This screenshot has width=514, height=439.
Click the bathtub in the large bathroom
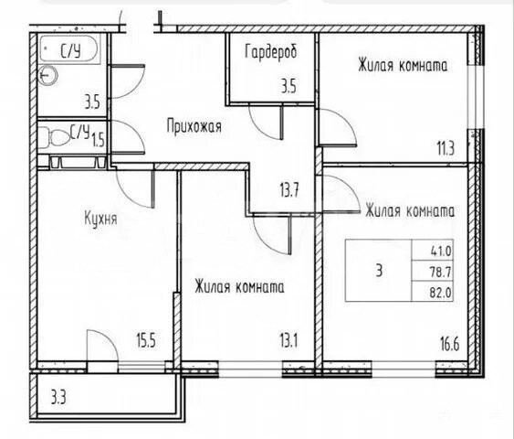click(x=69, y=48)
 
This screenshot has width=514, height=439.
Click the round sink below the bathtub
click(x=48, y=75)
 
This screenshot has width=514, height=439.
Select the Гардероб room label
click(x=271, y=52)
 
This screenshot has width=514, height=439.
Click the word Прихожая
click(x=194, y=126)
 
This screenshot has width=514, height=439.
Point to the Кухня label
click(x=100, y=219)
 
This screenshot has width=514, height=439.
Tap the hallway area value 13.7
click(x=289, y=190)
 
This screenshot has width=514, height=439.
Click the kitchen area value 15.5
click(x=145, y=341)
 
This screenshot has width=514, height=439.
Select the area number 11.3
click(x=446, y=148)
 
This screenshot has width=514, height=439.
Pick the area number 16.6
click(x=449, y=345)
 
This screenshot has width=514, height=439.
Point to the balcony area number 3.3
click(x=58, y=398)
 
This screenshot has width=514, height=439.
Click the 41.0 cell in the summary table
click(x=441, y=252)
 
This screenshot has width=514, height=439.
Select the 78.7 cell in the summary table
click(x=441, y=272)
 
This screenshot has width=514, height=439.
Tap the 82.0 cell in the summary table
click(x=441, y=292)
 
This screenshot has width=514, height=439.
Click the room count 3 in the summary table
click(x=379, y=272)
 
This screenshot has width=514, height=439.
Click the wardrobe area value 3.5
click(x=288, y=87)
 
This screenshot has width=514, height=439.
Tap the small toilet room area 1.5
click(x=98, y=141)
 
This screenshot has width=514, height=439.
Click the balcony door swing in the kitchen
click(x=101, y=346)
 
